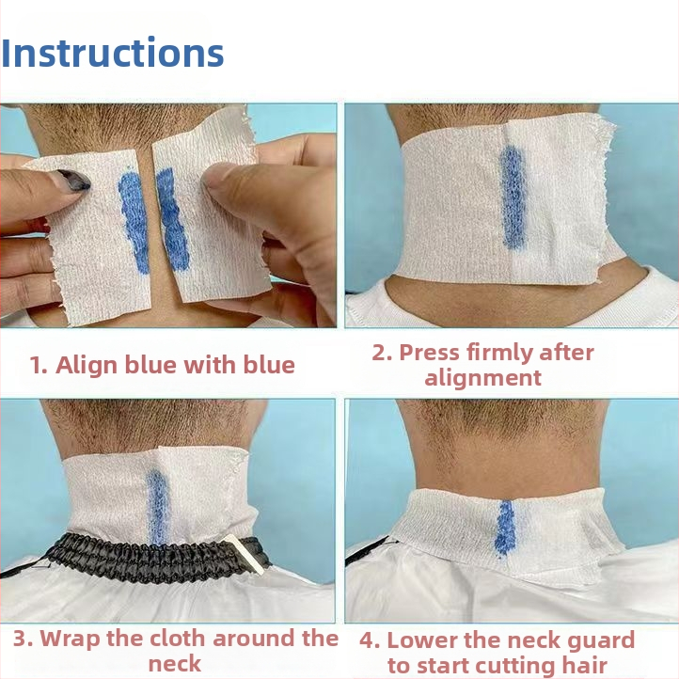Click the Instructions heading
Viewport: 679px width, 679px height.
pyautogui.click(x=112, y=53)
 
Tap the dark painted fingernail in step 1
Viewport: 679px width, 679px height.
pyautogui.click(x=73, y=181)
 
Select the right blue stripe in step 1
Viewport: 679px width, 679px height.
pyautogui.click(x=173, y=219)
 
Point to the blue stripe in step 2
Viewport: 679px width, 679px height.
pyautogui.click(x=513, y=197)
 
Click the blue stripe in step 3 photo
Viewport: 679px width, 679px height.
pyautogui.click(x=157, y=507)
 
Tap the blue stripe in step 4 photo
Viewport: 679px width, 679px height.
pyautogui.click(x=504, y=528)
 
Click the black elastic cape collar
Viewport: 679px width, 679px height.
pyautogui.click(x=151, y=558)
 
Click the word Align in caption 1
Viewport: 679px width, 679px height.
pyautogui.click(x=87, y=365)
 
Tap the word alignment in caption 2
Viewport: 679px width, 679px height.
pyautogui.click(x=482, y=378)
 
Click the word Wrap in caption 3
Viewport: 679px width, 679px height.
pyautogui.click(x=71, y=639)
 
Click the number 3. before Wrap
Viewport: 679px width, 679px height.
pyautogui.click(x=23, y=639)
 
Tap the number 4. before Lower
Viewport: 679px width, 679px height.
pyautogui.click(x=370, y=640)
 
